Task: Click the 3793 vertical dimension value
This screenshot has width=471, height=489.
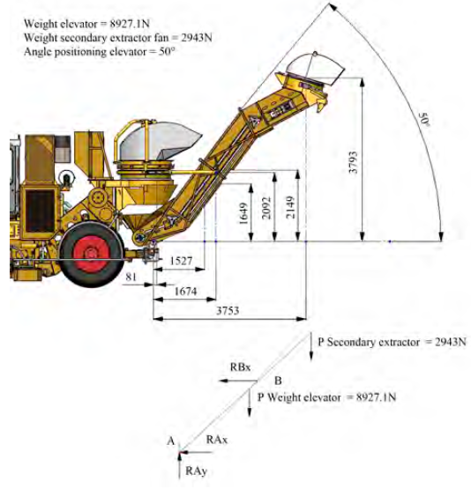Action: tap(353, 162)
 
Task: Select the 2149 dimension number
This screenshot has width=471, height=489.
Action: tap(290, 207)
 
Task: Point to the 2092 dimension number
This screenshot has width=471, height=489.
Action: tap(266, 208)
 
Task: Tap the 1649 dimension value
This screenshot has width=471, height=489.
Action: tap(243, 213)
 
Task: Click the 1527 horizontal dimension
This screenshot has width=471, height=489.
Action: tap(181, 261)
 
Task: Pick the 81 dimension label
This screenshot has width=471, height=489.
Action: tap(131, 276)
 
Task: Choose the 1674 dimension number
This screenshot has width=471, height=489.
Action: tap(186, 292)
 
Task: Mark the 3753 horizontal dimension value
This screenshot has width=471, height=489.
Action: tap(228, 310)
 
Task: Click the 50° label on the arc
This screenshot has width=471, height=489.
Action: tap(424, 119)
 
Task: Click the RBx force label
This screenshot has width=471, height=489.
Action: tap(240, 367)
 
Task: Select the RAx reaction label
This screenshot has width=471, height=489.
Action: tap(217, 440)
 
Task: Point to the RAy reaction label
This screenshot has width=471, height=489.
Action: tap(197, 470)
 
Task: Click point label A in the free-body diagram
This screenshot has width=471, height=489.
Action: tap(171, 441)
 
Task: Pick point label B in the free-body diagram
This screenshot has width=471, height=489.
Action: tap(278, 381)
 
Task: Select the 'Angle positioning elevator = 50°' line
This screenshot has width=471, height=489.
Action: tap(98, 51)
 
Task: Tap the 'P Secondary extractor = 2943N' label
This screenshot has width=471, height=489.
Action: tap(392, 342)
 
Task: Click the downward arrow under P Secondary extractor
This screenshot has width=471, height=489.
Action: tap(310, 346)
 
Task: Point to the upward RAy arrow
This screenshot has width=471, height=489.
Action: tap(179, 465)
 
